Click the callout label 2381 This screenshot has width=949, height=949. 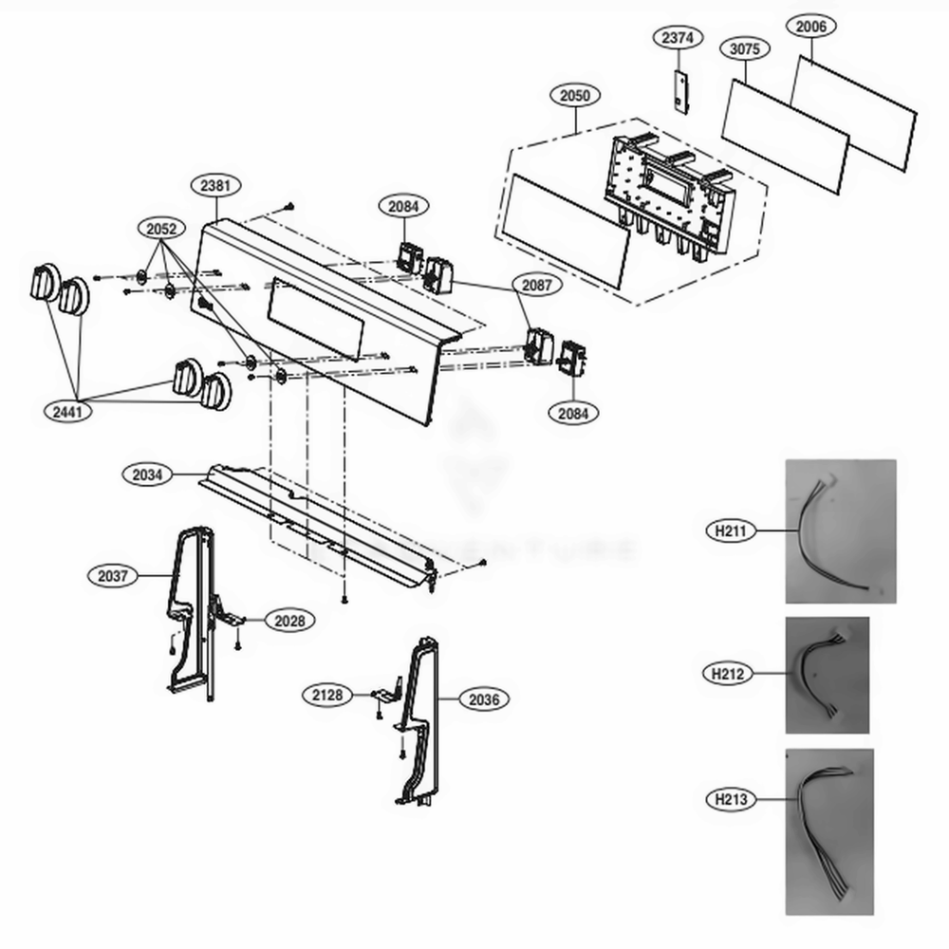215,185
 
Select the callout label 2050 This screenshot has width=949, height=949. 575,95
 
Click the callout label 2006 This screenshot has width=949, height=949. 810,27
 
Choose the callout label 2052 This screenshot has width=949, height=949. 161,229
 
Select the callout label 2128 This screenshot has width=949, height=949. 328,695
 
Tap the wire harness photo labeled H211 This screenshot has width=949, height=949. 840,530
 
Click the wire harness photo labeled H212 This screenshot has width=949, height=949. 827,675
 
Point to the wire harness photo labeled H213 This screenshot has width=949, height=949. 828,831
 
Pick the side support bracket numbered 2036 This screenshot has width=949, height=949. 418,721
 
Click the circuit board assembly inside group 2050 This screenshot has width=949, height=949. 669,195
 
